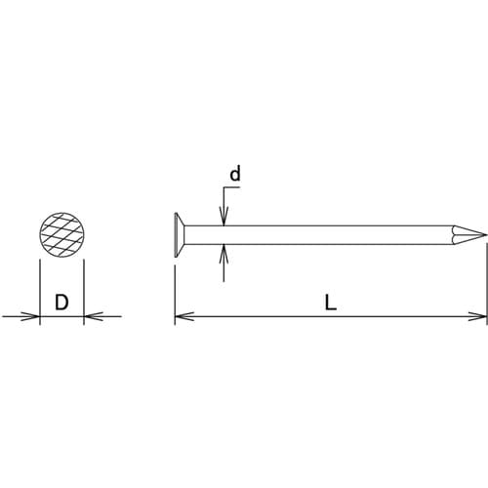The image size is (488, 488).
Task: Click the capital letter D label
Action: click(61, 303)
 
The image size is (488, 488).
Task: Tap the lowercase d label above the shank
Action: click(234, 175)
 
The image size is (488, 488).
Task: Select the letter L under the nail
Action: click(331, 303)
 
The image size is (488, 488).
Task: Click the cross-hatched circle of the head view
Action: click(61, 234)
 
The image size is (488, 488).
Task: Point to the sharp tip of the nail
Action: click(484, 234)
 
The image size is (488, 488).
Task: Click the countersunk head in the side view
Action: click(180, 234)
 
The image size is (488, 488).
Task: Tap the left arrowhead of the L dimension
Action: click(181, 316)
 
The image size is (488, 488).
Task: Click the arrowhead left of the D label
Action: click(33, 316)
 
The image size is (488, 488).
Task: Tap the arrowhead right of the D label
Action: click(90, 316)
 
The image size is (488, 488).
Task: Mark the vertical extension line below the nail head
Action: click(175, 288)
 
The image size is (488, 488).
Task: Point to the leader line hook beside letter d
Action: click(226, 192)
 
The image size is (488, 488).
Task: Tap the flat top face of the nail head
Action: click(175, 234)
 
